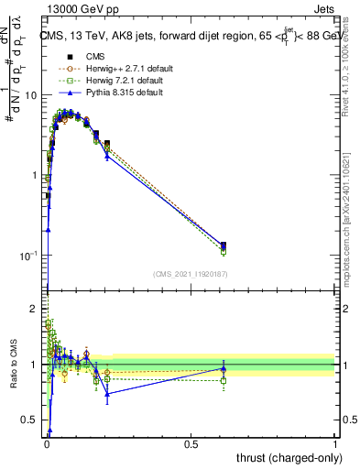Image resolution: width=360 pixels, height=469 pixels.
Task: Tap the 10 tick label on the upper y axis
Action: point(31,95)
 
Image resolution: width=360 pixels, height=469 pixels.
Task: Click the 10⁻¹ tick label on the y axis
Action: point(28,255)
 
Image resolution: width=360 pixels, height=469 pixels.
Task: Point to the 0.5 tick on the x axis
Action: point(191,443)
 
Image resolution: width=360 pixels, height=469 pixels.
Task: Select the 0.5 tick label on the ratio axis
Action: point(30,420)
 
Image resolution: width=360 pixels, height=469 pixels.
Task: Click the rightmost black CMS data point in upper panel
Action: point(224,245)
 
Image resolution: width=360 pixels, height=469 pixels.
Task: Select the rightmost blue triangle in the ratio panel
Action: point(224,368)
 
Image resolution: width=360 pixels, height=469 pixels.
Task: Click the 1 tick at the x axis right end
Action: point(335,443)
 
